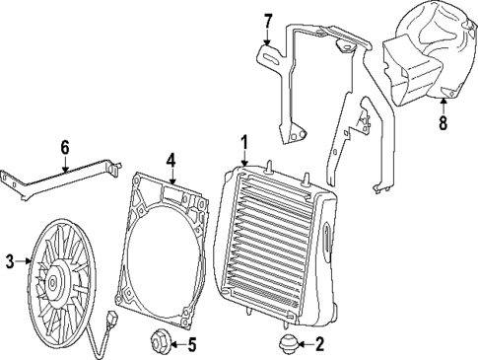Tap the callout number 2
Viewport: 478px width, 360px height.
point(318,344)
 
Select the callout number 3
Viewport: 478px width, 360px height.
point(10,260)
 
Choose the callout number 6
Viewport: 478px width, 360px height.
point(65,147)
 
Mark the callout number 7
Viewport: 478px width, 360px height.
point(267,19)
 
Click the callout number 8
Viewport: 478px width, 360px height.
point(443,125)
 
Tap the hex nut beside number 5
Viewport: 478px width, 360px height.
point(158,344)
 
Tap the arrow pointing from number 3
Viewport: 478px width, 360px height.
point(24,260)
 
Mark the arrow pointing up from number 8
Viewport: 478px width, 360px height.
point(443,107)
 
